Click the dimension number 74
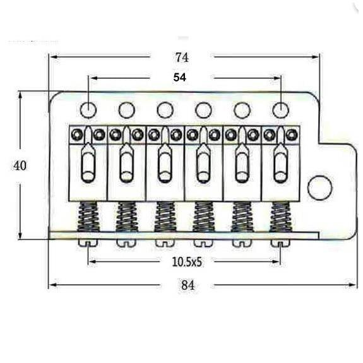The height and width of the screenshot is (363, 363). tap(182, 57)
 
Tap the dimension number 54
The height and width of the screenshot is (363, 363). tap(180, 78)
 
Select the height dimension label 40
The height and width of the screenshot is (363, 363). tap(20, 166)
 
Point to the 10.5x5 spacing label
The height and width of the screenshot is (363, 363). tap(187, 262)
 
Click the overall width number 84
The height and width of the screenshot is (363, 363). tap(188, 285)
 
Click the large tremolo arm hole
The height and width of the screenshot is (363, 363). tap(319, 187)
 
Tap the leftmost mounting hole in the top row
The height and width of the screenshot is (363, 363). tap(88, 110)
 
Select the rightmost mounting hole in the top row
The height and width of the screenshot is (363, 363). tap(281, 110)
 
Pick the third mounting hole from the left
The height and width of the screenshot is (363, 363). tap(165, 110)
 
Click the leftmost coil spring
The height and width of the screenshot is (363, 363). tap(88, 217)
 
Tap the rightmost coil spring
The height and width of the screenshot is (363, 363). tap(281, 217)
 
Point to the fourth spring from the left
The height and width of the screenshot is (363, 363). tap(203, 217)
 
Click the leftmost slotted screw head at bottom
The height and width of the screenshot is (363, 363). tap(88, 243)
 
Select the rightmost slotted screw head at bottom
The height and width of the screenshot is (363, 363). tap(280, 243)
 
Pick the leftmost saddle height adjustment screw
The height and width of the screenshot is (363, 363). tap(77, 134)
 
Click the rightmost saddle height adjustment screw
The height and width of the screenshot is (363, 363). tap(292, 134)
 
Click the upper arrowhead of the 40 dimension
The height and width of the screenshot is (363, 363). tap(20, 95)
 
